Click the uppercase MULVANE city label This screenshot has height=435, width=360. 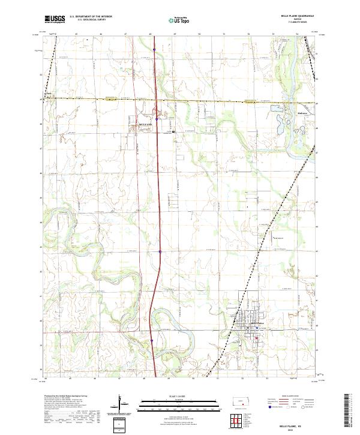point(138,119)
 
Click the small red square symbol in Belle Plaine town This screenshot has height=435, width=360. point(257,338)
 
